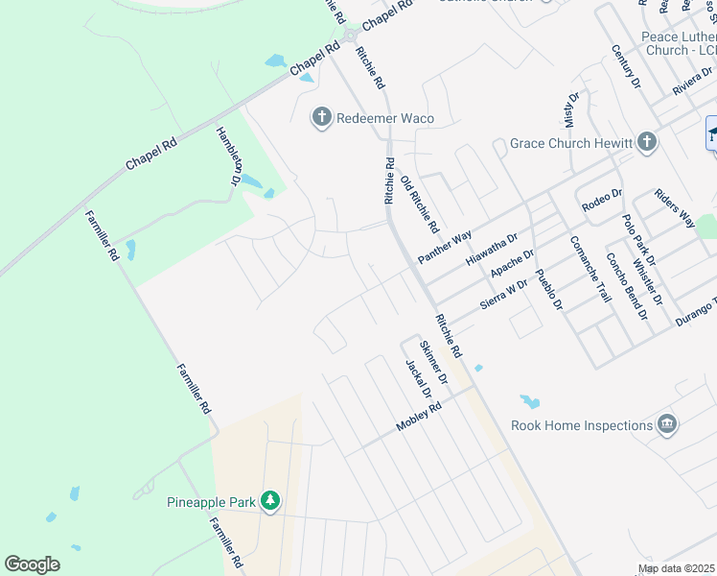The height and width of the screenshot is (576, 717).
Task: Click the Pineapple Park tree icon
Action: tap(271, 501)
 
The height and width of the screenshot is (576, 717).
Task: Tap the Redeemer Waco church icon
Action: tap(321, 118)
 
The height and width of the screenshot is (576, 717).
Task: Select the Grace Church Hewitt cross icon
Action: tap(647, 143)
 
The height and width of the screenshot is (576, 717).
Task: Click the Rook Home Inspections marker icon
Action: tap(666, 424)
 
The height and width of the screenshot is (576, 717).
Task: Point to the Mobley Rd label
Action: tap(419, 419)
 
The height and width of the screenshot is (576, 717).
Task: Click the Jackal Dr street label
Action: tap(419, 380)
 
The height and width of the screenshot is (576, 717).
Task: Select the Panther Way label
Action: tap(445, 248)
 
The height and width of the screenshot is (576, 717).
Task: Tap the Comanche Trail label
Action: tap(590, 269)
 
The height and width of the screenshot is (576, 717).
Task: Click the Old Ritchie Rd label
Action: tap(420, 205)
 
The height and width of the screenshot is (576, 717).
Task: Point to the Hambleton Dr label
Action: tap(228, 156)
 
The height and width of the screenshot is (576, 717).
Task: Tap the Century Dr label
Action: tap(626, 66)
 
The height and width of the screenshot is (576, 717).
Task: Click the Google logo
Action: tap(33, 564)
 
